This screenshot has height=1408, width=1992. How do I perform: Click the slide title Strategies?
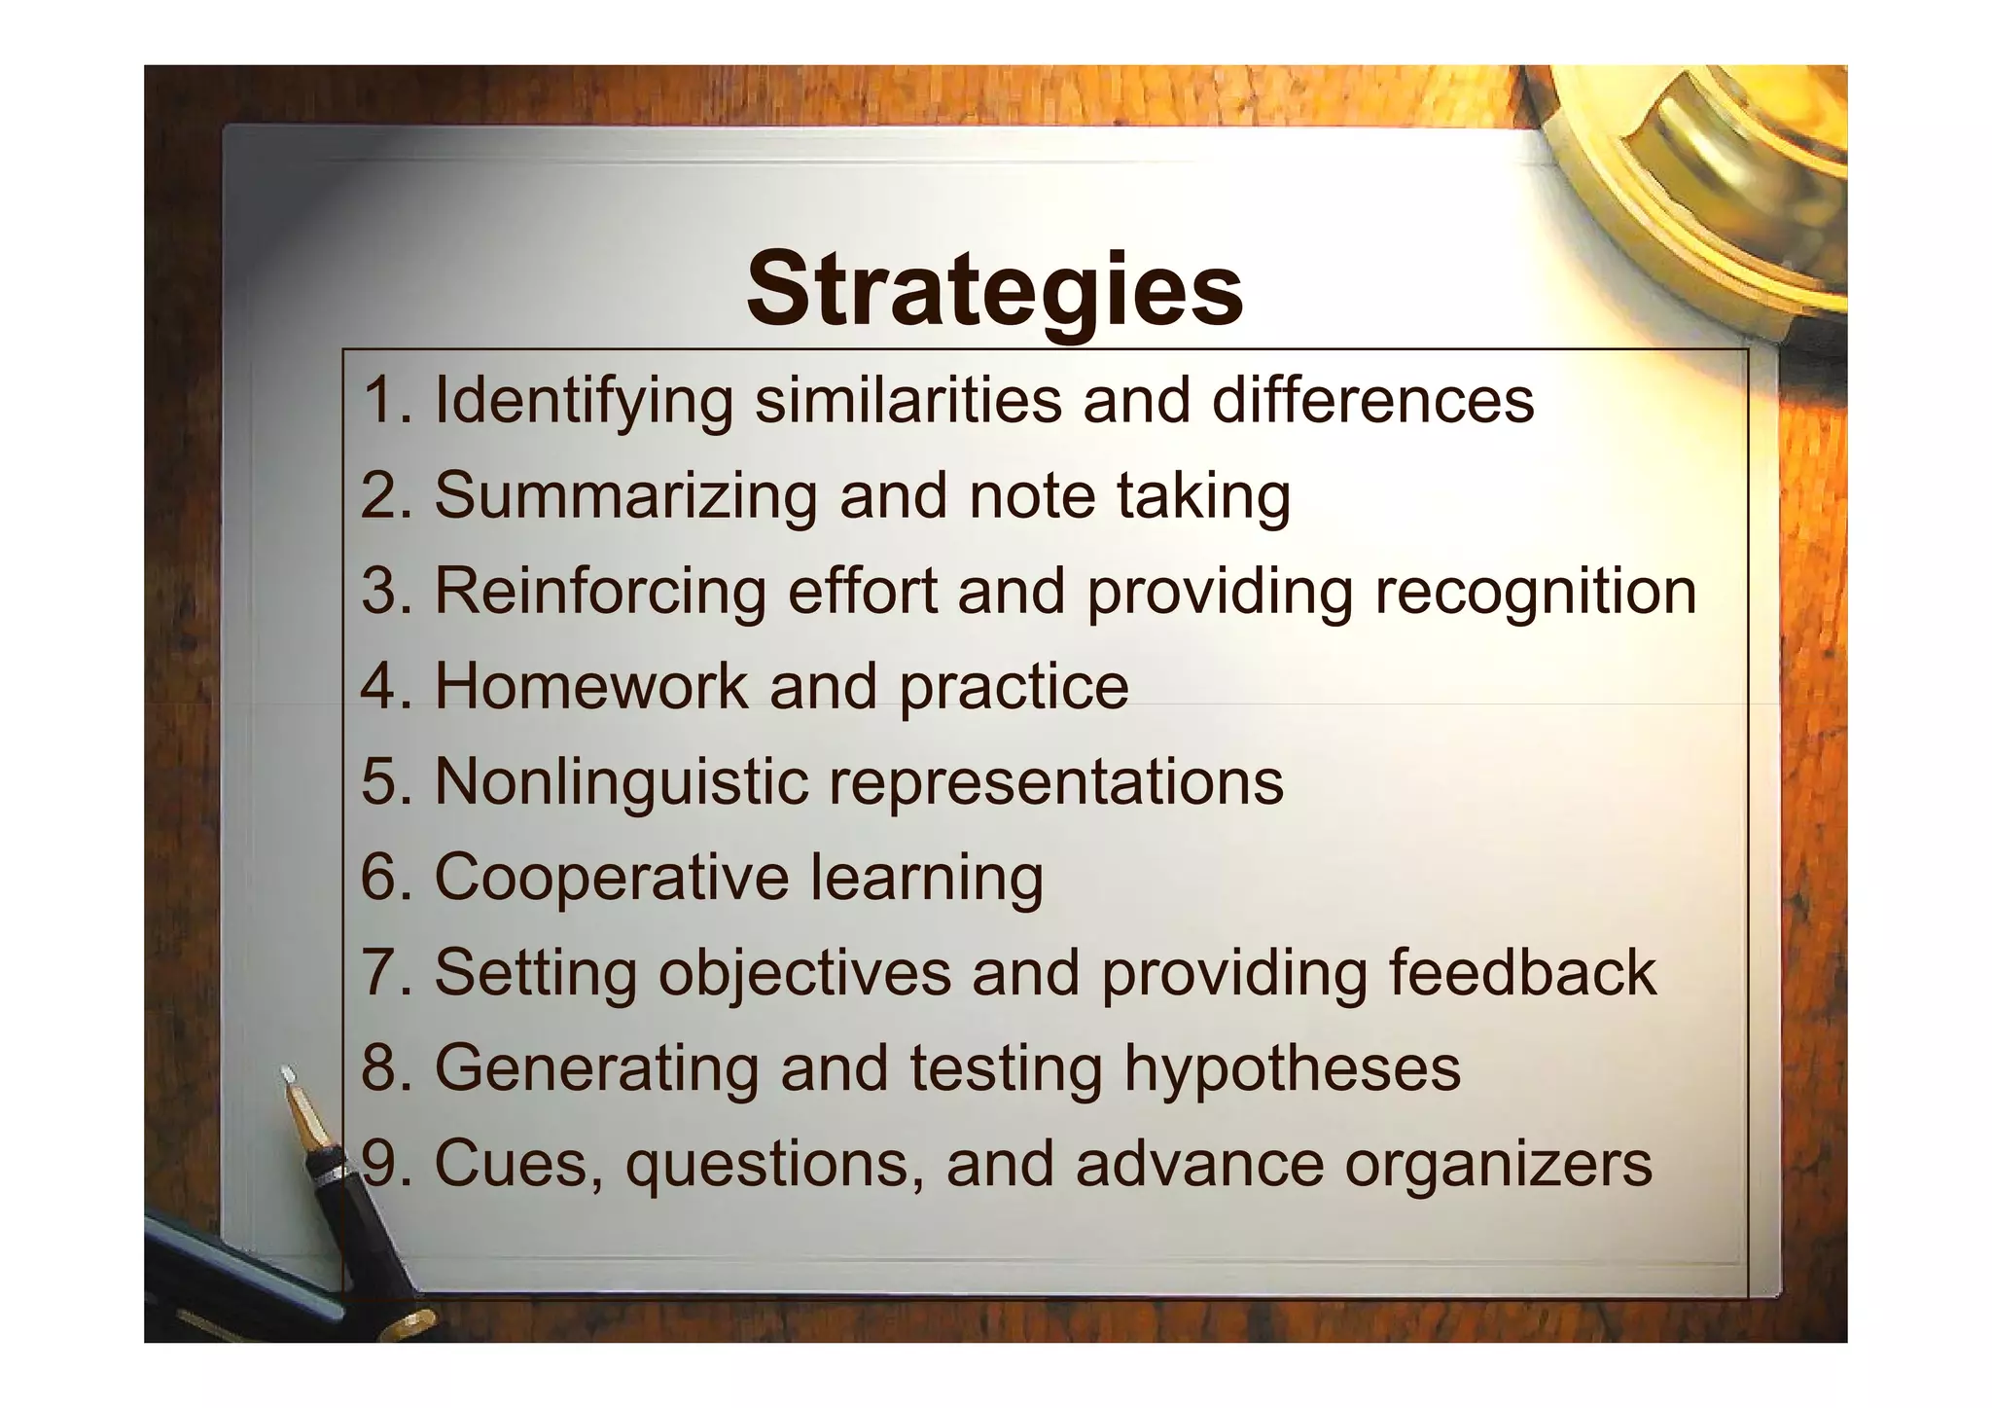[994, 290]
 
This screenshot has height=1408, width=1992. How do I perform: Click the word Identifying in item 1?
[583, 401]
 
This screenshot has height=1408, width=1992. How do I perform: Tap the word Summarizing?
[625, 496]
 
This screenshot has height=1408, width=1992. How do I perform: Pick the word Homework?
[590, 686]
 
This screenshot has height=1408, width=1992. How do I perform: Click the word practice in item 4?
[1014, 687]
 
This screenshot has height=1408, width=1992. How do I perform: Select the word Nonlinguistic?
[622, 781]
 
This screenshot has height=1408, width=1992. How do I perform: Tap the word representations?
[1055, 781]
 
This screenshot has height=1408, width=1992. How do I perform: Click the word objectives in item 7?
[804, 972]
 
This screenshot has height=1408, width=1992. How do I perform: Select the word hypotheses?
[1292, 1067]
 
